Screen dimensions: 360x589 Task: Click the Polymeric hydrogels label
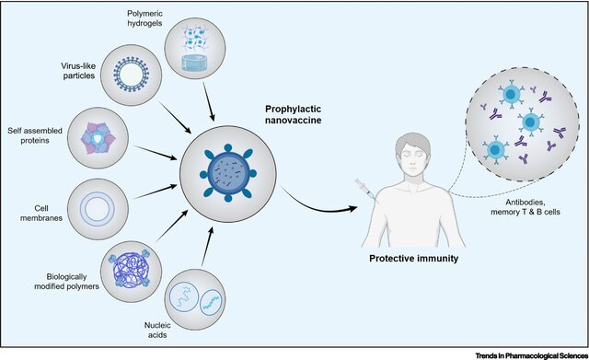[144, 17]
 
